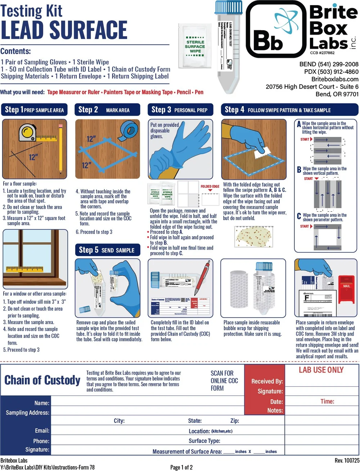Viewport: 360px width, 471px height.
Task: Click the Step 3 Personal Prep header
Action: coord(180,110)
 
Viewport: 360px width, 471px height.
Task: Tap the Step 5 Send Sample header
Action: coord(107,250)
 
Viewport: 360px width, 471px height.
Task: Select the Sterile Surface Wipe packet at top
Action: coord(195,46)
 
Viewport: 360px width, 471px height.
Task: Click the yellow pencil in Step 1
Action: coord(60,148)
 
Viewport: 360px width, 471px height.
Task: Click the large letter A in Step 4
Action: coord(299,125)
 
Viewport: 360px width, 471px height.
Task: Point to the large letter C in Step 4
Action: coord(299,216)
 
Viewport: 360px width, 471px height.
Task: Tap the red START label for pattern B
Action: coord(309,179)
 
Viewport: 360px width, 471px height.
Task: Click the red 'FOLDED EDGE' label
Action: coord(210,187)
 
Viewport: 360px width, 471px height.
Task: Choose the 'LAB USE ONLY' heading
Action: coord(321,370)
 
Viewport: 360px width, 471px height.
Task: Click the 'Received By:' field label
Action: coord(267,381)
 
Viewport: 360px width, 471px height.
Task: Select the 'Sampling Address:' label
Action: coord(28,413)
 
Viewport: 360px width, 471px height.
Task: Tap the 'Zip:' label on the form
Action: coord(235,421)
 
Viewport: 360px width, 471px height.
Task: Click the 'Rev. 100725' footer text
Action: coord(347,461)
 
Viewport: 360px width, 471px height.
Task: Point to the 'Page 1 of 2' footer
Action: coord(181,467)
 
